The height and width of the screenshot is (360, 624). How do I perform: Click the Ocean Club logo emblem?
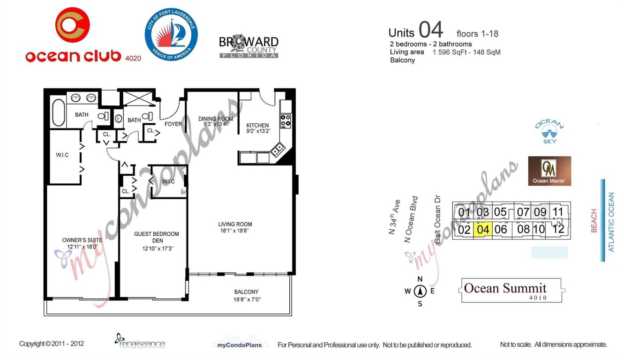(72, 25)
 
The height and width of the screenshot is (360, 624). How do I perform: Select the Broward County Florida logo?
(248, 46)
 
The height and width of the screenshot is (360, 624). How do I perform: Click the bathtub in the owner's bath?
(59, 112)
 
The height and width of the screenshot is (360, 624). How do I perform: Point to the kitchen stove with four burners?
(286, 121)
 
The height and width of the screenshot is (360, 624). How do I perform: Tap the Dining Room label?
(215, 119)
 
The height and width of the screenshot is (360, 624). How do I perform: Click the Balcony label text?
(247, 292)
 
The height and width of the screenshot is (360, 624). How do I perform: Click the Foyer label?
(173, 124)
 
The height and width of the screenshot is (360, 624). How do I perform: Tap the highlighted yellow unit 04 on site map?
(483, 229)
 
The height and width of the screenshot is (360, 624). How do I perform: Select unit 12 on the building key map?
(558, 229)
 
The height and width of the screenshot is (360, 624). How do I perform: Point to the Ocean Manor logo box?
(549, 171)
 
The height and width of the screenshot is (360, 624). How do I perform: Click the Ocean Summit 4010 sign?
(511, 290)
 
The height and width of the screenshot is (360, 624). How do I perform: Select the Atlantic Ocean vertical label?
(611, 222)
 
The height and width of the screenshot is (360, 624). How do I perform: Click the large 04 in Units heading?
(430, 30)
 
